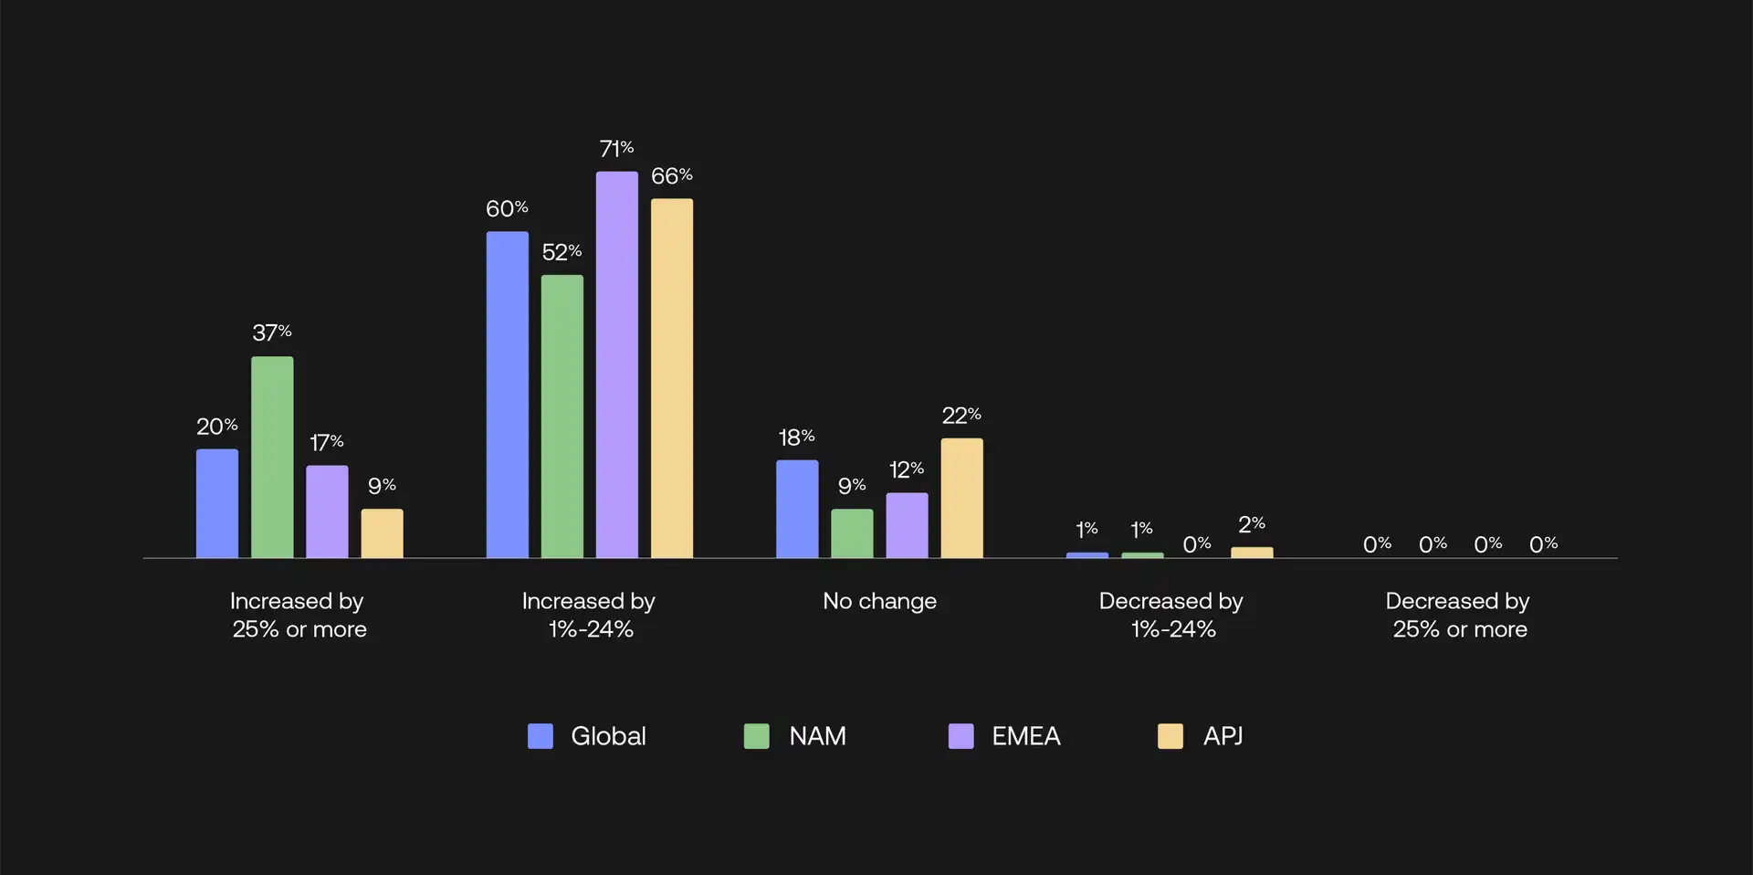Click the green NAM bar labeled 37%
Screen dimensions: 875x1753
pos(272,457)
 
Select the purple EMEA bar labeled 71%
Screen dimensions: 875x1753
pos(617,364)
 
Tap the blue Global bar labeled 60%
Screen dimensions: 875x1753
pos(507,395)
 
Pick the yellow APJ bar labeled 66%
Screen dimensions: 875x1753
pos(672,378)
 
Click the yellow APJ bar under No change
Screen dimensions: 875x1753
pos(961,498)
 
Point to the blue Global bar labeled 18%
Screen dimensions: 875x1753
pos(797,509)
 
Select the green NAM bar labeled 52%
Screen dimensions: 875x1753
pos(562,416)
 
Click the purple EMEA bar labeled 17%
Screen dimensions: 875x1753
pos(327,511)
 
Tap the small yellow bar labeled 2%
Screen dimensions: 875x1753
pos(1252,553)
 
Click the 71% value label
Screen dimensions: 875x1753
pos(616,149)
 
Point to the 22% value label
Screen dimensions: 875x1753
pos(961,416)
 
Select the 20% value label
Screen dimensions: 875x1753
pos(217,427)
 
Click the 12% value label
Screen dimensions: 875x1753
pos(907,469)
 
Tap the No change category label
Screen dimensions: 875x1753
pos(879,601)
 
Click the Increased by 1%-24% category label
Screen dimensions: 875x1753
pos(589,615)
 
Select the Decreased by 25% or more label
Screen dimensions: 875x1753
pos(1458,615)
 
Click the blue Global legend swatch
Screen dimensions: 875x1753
pos(541,736)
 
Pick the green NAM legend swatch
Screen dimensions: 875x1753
pos(757,736)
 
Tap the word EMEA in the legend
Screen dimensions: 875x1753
pos(1026,736)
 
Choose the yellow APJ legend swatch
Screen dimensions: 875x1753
pos(1170,736)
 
